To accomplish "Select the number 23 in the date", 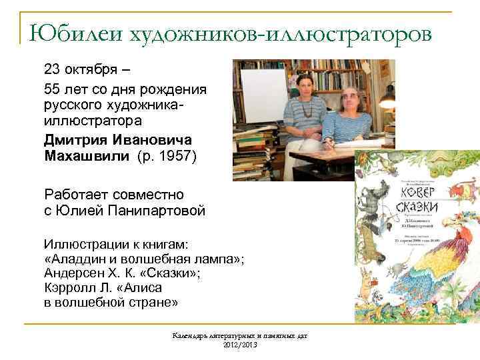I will pyautogui.click(x=52, y=69).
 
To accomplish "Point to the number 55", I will pyautogui.click(x=52, y=89).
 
